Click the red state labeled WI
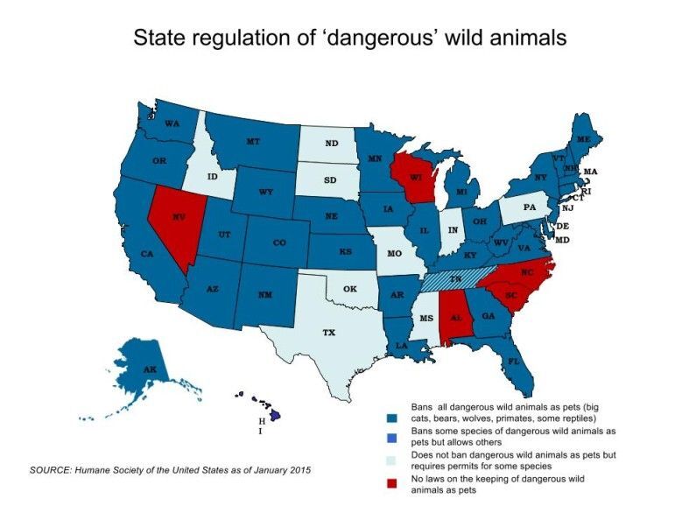point(415,179)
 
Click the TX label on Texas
point(328,333)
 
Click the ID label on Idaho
point(212,177)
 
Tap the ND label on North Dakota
point(332,144)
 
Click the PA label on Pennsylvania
point(529,207)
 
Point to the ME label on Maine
point(582,139)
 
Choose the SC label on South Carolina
point(510,295)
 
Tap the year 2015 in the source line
point(296,470)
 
